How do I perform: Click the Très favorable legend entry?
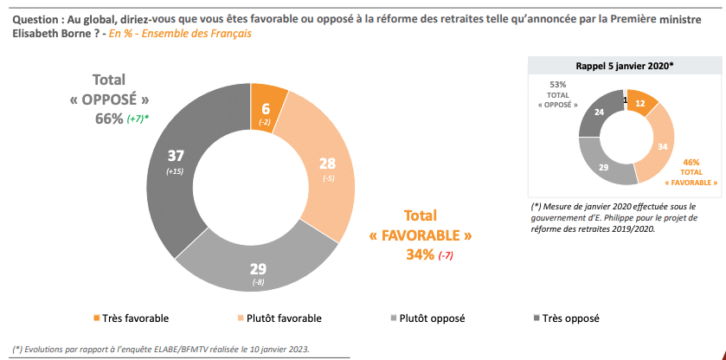coord(130,318)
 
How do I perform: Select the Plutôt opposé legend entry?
coord(429,318)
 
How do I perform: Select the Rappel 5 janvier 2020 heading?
coord(626,66)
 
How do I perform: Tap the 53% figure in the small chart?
coord(557,85)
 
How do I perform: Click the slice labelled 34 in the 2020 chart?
coord(659,146)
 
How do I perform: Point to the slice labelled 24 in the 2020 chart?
coord(598,112)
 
